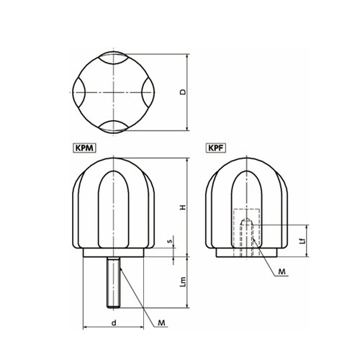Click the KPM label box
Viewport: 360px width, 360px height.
(x=84, y=148)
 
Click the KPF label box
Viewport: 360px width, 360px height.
(x=216, y=148)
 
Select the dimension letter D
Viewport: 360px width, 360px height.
(x=183, y=92)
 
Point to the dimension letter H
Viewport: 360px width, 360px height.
(x=183, y=207)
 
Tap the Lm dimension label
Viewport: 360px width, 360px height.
(x=183, y=282)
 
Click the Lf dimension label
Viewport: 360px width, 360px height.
(x=303, y=240)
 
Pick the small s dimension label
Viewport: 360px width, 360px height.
(x=171, y=240)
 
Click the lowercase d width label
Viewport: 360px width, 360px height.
(x=114, y=323)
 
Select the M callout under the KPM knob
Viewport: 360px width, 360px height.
(x=161, y=323)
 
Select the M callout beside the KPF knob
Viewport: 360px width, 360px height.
(x=282, y=271)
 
